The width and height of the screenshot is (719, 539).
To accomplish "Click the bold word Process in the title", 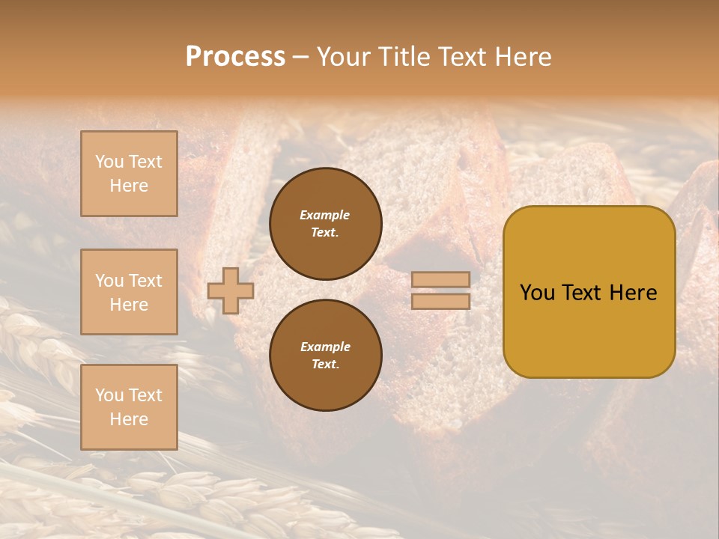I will click(x=235, y=57).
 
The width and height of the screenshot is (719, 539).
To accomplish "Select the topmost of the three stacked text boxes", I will click(x=129, y=174).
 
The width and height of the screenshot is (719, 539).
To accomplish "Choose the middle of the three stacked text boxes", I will click(x=129, y=292).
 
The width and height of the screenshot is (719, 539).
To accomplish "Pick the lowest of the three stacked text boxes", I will click(x=129, y=407).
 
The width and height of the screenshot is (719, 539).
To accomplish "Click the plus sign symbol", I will click(x=231, y=290).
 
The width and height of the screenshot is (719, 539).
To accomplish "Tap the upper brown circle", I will click(x=325, y=223).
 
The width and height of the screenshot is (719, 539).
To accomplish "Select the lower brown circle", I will click(x=325, y=355).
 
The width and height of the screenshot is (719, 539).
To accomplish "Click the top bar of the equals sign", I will click(x=441, y=279).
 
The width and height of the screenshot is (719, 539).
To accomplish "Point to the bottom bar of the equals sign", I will click(x=441, y=301).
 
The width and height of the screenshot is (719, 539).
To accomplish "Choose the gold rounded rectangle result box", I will click(x=589, y=291).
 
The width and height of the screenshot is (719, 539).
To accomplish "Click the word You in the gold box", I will click(x=537, y=293).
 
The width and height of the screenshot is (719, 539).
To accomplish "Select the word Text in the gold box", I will click(x=584, y=293).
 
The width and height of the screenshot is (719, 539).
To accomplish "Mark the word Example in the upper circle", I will click(x=325, y=215).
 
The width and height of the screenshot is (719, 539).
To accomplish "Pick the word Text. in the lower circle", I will click(x=325, y=365).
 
